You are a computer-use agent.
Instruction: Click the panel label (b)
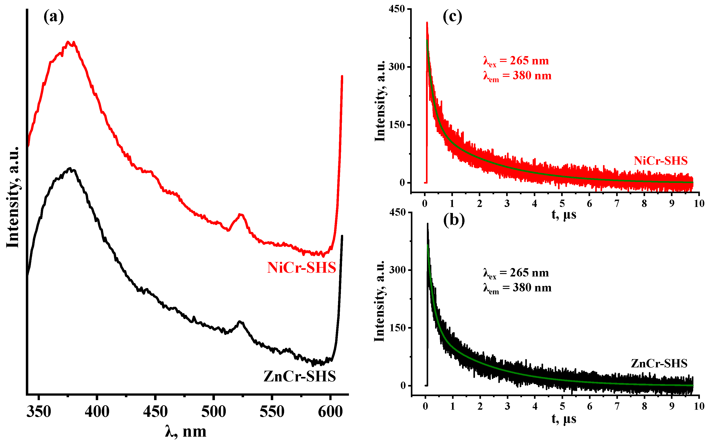(x=454, y=220)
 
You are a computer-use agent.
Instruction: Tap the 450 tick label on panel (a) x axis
(x=155, y=412)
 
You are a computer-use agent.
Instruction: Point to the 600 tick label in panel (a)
(x=330, y=412)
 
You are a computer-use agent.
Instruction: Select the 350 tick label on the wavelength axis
(x=39, y=412)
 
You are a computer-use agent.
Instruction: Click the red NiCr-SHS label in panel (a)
(x=301, y=268)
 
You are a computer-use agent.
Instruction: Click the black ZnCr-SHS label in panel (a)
(x=299, y=376)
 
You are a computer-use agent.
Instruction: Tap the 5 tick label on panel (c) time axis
(x=562, y=203)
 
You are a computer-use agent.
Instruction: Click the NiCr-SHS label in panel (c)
(x=660, y=161)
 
